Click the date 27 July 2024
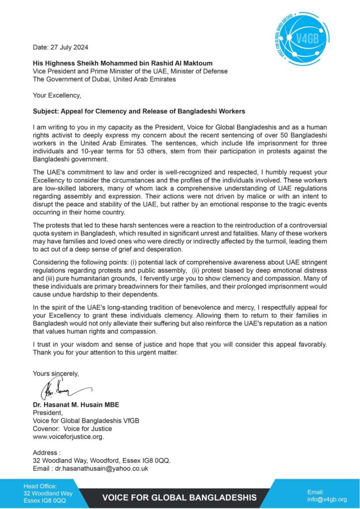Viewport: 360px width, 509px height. [60, 48]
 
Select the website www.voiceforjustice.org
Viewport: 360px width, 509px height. [69, 437]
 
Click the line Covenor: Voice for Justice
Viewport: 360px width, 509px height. [72, 429]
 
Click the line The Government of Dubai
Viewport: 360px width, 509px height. [104, 79]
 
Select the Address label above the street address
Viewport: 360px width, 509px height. [47, 453]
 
